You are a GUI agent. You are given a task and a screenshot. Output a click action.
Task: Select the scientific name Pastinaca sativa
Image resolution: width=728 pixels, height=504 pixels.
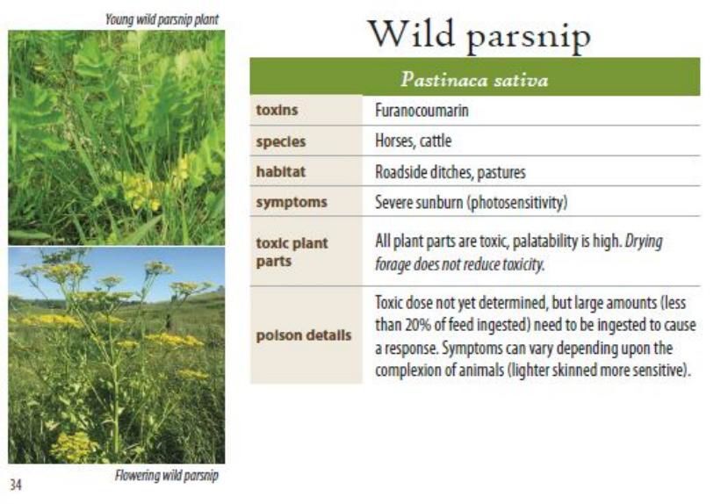pyautogui.click(x=474, y=81)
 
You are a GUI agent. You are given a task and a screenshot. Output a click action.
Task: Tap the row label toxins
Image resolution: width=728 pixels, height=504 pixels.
pyautogui.click(x=277, y=111)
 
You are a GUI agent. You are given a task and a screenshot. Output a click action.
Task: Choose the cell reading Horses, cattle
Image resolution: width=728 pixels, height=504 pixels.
pyautogui.click(x=414, y=141)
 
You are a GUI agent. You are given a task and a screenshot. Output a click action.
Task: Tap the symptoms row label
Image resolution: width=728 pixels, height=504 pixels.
pyautogui.click(x=291, y=202)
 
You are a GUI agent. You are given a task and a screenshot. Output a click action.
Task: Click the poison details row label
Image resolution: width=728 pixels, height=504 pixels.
pyautogui.click(x=304, y=335)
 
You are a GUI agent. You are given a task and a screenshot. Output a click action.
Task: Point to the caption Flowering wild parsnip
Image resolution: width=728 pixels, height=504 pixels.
pyautogui.click(x=167, y=476)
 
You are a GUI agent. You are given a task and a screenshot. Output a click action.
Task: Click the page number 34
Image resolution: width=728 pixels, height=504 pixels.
pyautogui.click(x=17, y=484)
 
